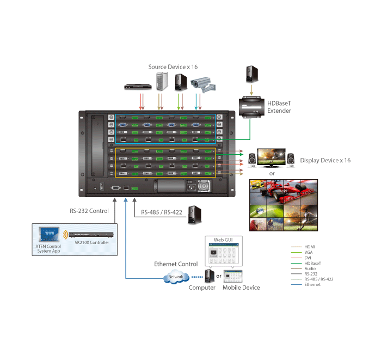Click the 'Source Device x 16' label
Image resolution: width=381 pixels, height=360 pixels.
click(173, 66)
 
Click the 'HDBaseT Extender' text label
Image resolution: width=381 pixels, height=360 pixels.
click(279, 107)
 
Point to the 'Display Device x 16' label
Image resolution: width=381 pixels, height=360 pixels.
click(325, 161)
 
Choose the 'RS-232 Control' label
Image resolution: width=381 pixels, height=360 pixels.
click(89, 211)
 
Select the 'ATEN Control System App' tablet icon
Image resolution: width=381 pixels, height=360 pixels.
click(49, 235)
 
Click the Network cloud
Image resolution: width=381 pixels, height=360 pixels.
click(175, 277)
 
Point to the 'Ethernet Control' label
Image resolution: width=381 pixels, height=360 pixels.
click(176, 264)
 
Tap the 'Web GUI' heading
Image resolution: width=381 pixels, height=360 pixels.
click(223, 240)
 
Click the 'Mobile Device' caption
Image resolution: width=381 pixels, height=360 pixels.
click(241, 288)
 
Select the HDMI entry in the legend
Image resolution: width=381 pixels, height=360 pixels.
click(310, 247)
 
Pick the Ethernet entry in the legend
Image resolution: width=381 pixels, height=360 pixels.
click(312, 284)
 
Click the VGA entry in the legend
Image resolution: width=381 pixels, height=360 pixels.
click(309, 252)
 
